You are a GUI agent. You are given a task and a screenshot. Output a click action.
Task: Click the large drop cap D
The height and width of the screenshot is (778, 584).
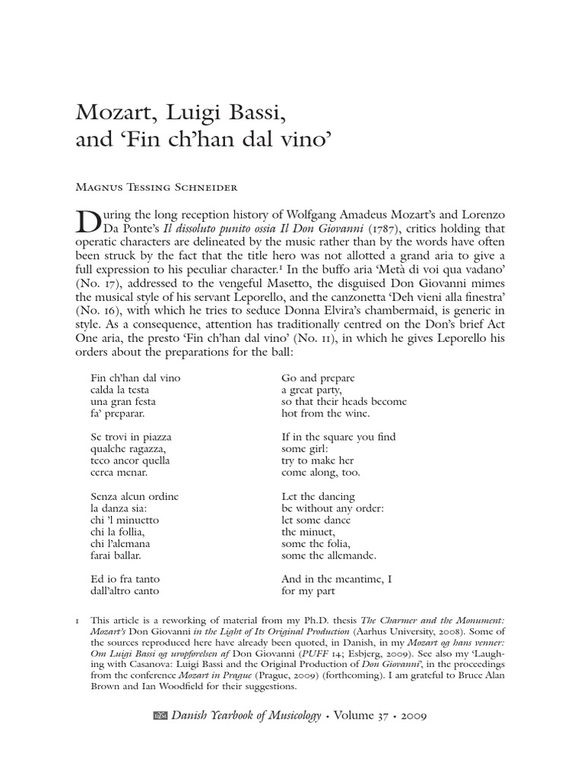(x=90, y=221)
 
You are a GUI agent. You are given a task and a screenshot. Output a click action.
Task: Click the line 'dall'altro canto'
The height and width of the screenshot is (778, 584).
(x=124, y=590)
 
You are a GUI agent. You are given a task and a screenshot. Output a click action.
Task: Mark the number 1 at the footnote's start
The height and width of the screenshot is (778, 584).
(x=78, y=621)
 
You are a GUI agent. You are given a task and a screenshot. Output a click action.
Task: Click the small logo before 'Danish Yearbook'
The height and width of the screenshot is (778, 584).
(x=160, y=715)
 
